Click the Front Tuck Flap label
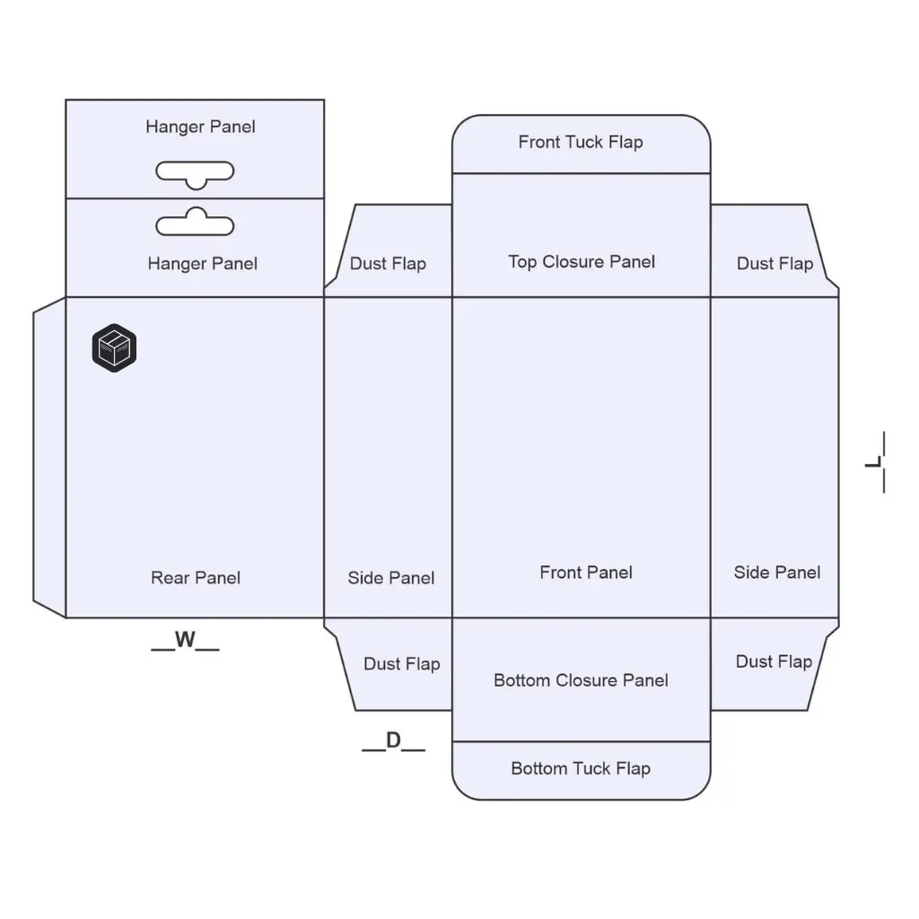pyautogui.click(x=581, y=142)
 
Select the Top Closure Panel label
pyautogui.click(x=582, y=262)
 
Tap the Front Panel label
pyautogui.click(x=586, y=573)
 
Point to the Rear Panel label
pyautogui.click(x=196, y=578)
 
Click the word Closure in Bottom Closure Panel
pyautogui.click(x=582, y=680)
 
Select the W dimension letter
pyautogui.click(x=185, y=641)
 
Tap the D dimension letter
pyautogui.click(x=393, y=741)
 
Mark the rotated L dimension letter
pyautogui.click(x=875, y=462)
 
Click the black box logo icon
pyautogui.click(x=114, y=348)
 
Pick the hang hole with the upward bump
pyautogui.click(x=195, y=223)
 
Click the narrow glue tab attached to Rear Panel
pyautogui.click(x=49, y=458)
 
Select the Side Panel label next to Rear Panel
pyautogui.click(x=391, y=579)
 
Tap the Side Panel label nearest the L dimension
pyautogui.click(x=777, y=573)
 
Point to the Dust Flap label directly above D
pyautogui.click(x=401, y=664)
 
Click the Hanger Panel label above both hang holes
pyautogui.click(x=200, y=127)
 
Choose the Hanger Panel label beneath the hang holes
pyautogui.click(x=202, y=264)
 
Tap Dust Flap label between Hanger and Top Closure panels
pyautogui.click(x=388, y=264)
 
